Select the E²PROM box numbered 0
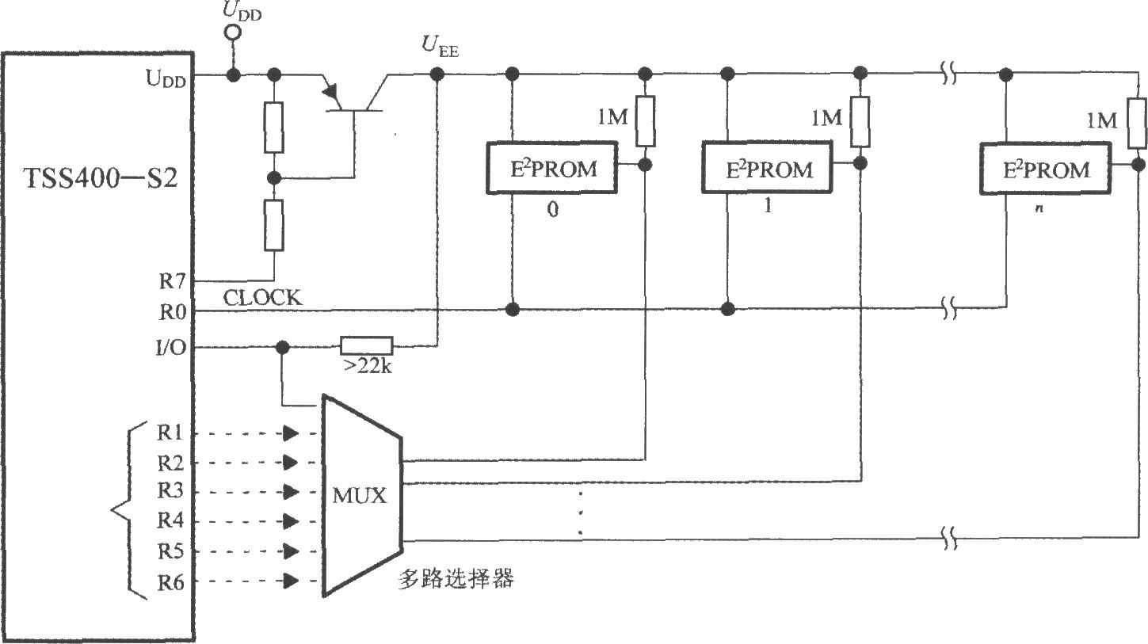pos(551,169)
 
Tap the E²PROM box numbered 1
pos(767,169)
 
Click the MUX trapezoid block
pos(361,496)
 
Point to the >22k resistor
pos(366,346)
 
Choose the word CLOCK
pos(262,298)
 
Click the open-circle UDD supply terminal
pos(233,33)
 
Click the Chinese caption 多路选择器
pos(456,579)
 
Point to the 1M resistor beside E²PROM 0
pos(646,121)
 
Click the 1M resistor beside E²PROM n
pos(1137,122)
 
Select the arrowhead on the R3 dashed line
pos(292,492)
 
